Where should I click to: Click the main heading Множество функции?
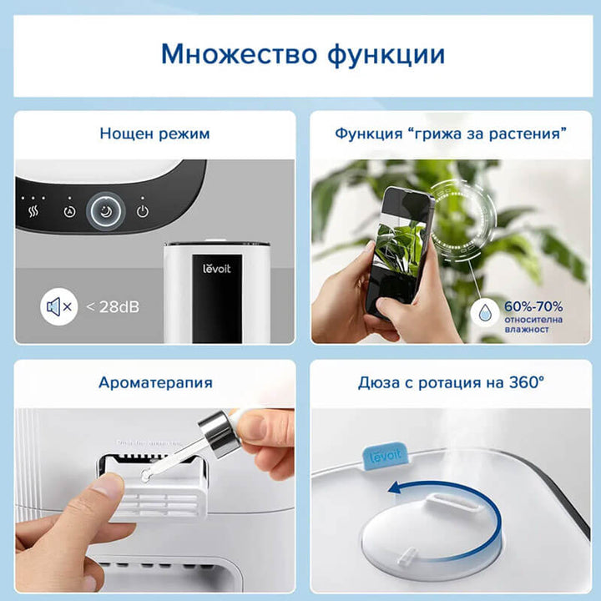pyautogui.click(x=303, y=54)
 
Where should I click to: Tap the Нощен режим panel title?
pyautogui.click(x=154, y=134)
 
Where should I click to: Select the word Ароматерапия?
pyautogui.click(x=155, y=383)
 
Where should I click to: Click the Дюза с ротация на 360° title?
pyautogui.click(x=451, y=383)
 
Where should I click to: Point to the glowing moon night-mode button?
pyautogui.click(x=106, y=212)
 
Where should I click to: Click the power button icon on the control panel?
pyautogui.click(x=143, y=211)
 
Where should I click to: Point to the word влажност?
pyautogui.click(x=526, y=331)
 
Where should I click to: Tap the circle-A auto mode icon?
pyautogui.click(x=69, y=211)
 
